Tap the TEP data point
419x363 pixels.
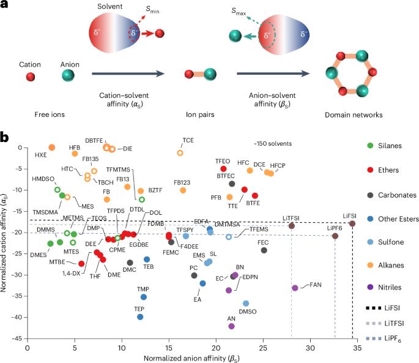click(x=140, y=317)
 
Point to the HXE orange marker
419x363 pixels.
click(x=52, y=148)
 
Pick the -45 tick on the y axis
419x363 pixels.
click(x=18, y=339)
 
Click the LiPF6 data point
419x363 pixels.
click(x=335, y=236)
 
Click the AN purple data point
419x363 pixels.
click(x=231, y=326)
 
